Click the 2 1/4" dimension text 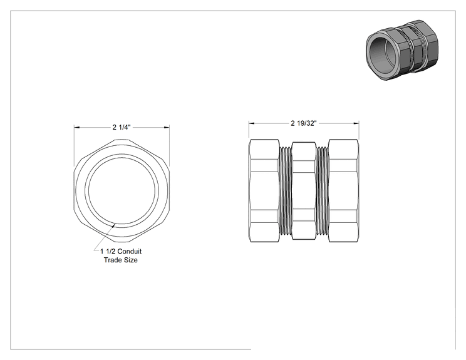point(122,128)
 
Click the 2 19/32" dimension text point(303,123)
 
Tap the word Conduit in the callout point(129,251)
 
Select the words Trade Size point(121,260)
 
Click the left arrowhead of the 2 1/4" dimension point(76,128)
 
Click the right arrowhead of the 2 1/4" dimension point(167,128)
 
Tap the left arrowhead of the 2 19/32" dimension point(252,123)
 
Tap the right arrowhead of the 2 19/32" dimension point(356,123)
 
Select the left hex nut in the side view point(264,191)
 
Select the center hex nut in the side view point(304,191)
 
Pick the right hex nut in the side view point(344,191)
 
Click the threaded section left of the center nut point(286,191)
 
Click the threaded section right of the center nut point(322,191)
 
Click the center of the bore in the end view point(122,190)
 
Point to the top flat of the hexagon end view point(122,140)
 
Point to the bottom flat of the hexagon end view point(122,241)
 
